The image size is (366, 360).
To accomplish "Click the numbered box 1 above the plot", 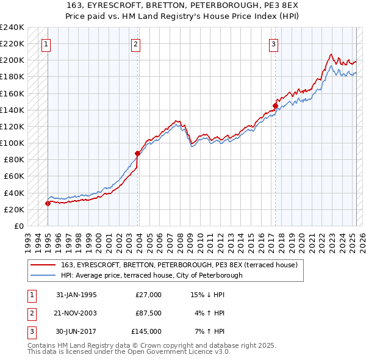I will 47,44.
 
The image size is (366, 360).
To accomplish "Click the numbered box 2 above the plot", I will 135,44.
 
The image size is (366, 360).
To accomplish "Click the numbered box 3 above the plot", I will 274,44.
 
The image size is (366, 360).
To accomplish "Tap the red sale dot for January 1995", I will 48,203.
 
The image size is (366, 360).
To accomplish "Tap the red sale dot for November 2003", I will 138,153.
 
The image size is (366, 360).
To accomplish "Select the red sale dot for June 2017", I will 275,106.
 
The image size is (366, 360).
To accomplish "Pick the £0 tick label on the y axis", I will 18,226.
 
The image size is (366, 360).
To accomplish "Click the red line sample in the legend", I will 43,265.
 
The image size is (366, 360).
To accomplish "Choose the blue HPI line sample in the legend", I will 43,275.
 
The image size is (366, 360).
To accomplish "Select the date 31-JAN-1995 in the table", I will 76,295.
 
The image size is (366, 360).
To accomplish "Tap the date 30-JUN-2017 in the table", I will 76,331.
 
